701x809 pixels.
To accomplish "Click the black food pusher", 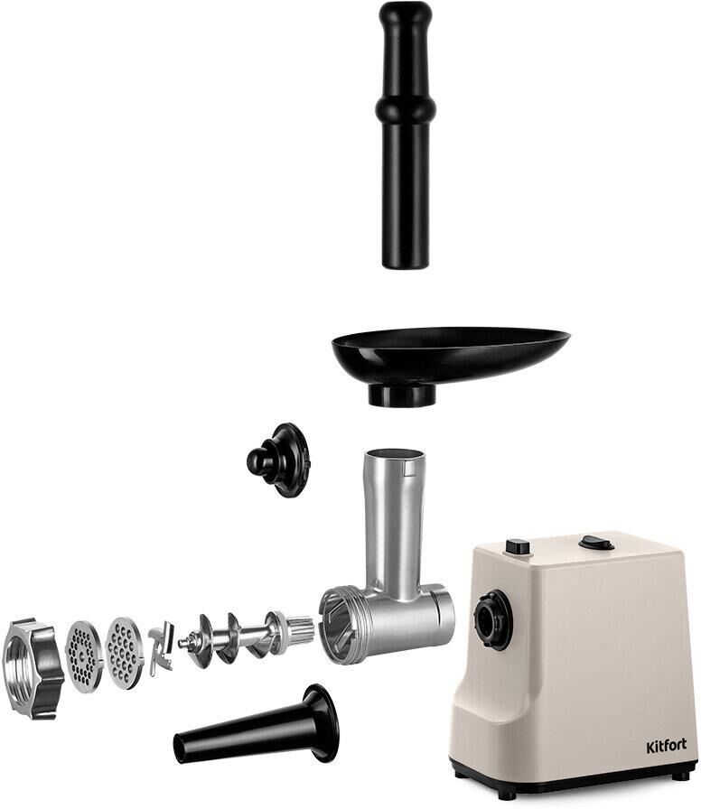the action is pyautogui.click(x=406, y=135).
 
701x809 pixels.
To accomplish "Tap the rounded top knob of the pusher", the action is pyautogui.click(x=406, y=15).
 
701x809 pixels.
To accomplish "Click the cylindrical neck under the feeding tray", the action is pyautogui.click(x=402, y=395).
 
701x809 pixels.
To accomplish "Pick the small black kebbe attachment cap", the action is pyautogui.click(x=278, y=460).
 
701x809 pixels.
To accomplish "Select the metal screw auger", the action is pyautogui.click(x=246, y=638).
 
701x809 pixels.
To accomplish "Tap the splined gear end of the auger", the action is pyautogui.click(x=301, y=629).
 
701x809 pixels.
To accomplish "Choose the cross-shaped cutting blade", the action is pyautogui.click(x=162, y=648).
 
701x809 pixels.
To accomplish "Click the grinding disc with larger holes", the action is pyautogui.click(x=124, y=653).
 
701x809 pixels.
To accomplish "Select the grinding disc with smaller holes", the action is pyautogui.click(x=84, y=656).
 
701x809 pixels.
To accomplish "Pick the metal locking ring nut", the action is pyautogui.click(x=33, y=668).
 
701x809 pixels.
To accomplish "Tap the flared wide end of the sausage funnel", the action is pyautogui.click(x=321, y=723).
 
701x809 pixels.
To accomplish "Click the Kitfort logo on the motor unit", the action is pyautogui.click(x=667, y=746).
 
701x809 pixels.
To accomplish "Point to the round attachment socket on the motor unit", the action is pyautogui.click(x=493, y=619).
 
